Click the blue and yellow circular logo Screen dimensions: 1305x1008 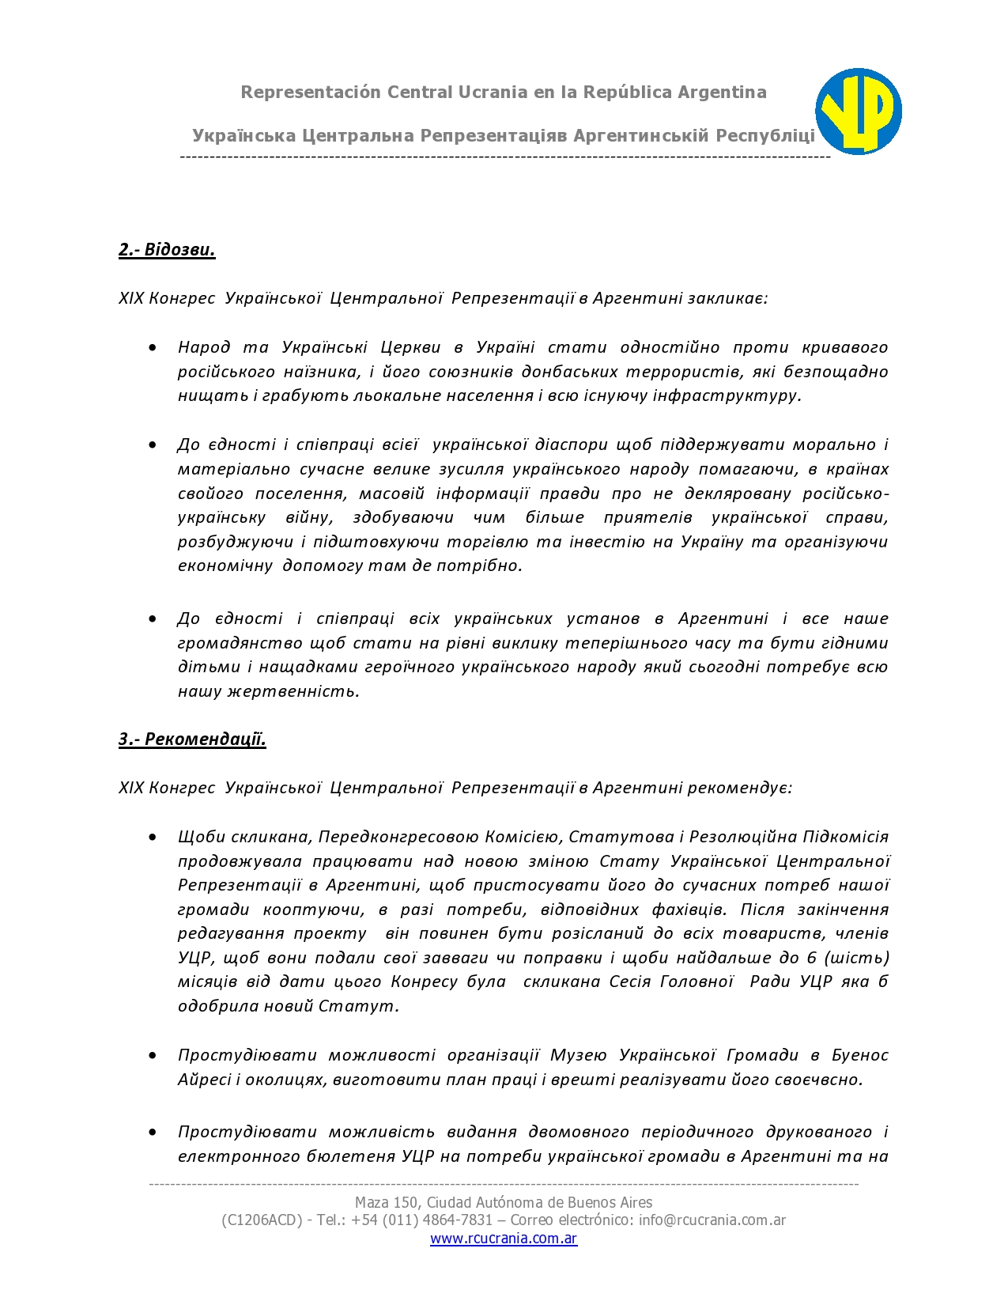coord(859,112)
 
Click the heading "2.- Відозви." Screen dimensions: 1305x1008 coord(167,250)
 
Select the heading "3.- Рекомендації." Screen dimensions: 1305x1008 coord(192,739)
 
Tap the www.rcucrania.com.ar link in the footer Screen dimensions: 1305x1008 coord(504,1239)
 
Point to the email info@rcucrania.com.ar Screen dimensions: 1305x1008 coord(712,1220)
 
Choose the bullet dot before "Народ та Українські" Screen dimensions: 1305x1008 coord(153,347)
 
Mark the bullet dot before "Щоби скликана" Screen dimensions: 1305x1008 coord(153,837)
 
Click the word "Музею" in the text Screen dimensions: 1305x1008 coord(579,1055)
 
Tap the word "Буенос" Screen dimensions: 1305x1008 coord(860,1055)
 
